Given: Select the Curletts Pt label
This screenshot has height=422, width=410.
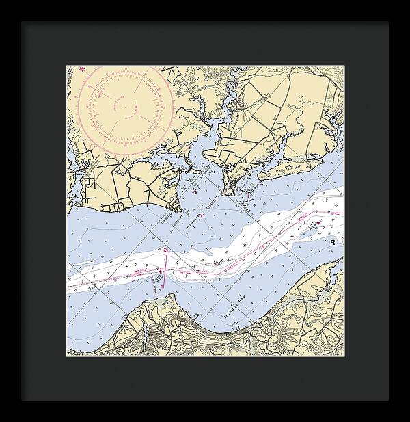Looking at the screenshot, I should coord(213,205).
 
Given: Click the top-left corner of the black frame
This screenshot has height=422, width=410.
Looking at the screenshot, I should coord(21,21).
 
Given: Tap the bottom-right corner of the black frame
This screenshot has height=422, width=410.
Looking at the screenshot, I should coord(389,401).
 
